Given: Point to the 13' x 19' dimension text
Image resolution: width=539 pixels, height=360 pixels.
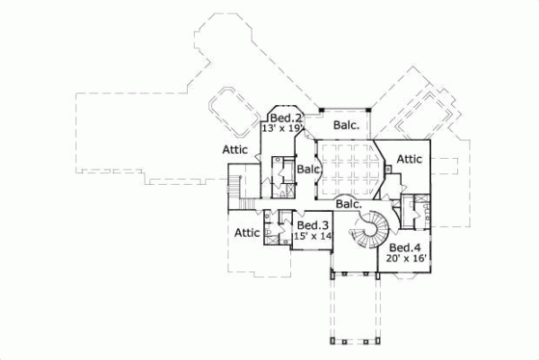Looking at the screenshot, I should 281,128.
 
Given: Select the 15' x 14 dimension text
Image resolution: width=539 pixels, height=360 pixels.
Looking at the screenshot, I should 313,235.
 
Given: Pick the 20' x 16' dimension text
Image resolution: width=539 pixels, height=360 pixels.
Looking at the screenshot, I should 404,258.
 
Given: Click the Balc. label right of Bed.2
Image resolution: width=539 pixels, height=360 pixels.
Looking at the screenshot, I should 347,126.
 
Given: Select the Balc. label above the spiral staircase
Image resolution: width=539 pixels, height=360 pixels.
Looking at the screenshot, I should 349,204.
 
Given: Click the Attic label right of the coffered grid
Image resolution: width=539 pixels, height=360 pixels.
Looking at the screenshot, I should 409,159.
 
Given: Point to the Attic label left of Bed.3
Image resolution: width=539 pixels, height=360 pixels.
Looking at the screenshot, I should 247,233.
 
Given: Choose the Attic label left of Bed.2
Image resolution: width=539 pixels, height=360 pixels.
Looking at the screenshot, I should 236,150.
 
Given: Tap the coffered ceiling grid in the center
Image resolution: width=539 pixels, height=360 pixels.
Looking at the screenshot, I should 348,168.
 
